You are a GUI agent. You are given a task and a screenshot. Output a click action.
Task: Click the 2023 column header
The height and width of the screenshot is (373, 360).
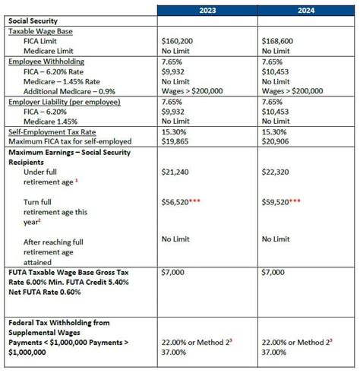coord(207,11)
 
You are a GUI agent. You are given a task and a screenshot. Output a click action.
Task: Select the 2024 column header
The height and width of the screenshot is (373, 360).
coord(306,11)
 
